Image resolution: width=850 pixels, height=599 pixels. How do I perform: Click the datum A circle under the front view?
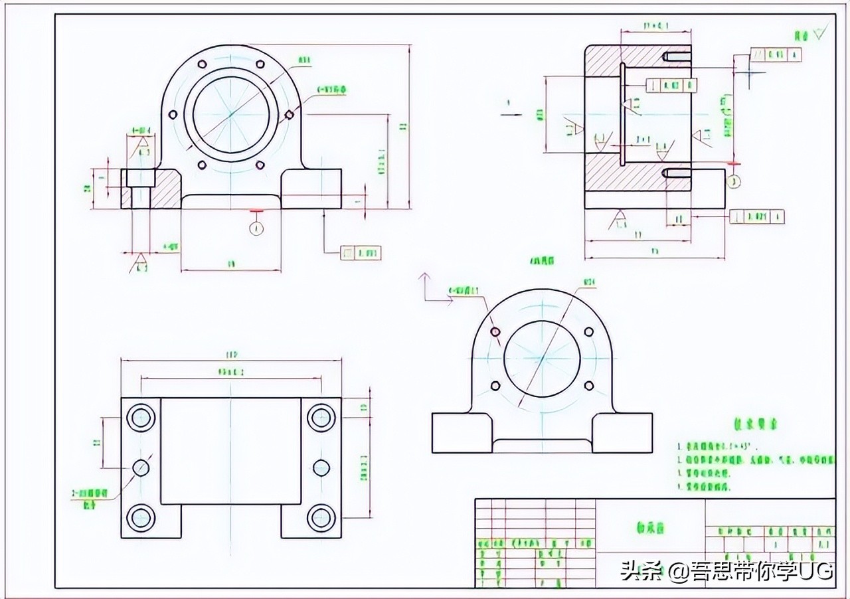pos(256,228)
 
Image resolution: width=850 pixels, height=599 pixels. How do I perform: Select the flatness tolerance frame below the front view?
pos(361,253)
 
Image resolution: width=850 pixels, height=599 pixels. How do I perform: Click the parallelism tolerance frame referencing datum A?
pos(775,54)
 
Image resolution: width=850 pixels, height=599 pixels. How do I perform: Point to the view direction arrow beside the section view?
pos(511,114)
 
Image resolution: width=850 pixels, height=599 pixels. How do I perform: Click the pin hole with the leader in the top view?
pos(140,468)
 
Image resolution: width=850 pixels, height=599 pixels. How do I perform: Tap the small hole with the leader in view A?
pos(495,331)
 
